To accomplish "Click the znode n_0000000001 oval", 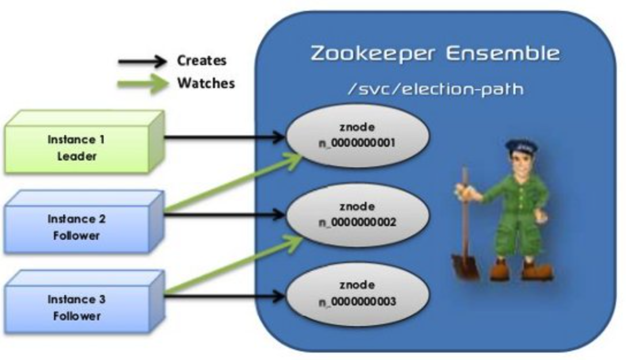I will pos(357,136).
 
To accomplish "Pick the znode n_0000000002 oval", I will pos(357,215).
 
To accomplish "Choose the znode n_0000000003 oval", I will pos(357,294).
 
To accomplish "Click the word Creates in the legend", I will pos(201,60).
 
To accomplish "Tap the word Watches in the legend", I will pos(205,83).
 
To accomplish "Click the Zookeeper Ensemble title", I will pos(434,53).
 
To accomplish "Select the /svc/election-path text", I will pos(434,90).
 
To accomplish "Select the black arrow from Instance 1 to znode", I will pos(224,137).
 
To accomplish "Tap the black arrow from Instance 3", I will pos(224,296).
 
